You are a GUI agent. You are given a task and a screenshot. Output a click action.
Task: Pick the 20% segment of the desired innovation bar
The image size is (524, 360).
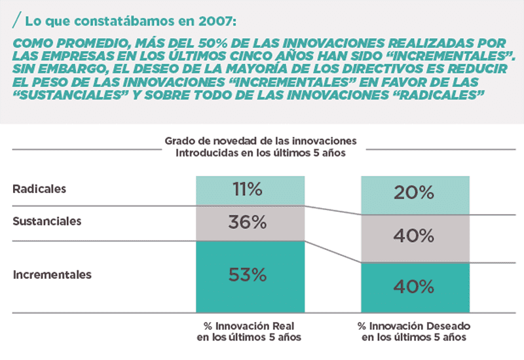tap(415, 194)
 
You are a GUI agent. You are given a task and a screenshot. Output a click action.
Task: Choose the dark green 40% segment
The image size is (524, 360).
tap(415, 287)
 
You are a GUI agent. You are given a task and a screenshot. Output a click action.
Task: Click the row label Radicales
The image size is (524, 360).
tap(40, 189)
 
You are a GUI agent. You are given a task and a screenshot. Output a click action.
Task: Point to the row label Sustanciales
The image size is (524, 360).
tap(47, 221)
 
